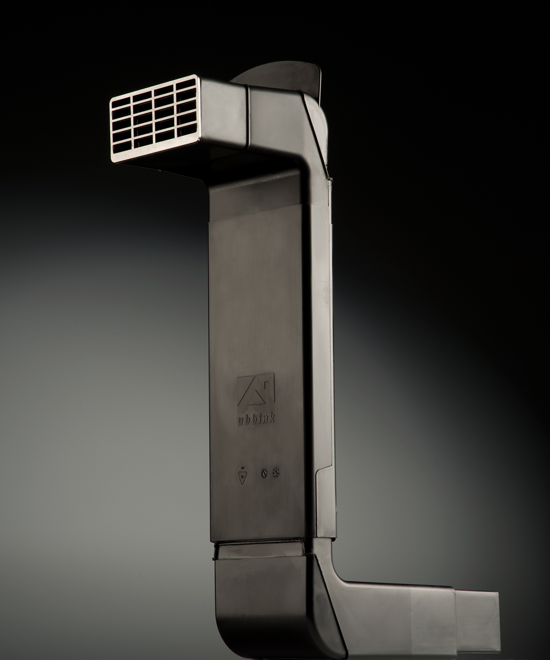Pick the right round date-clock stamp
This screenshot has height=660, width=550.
click(276, 481)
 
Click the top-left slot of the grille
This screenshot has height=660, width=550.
click(121, 103)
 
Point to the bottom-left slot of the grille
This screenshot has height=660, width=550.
click(122, 147)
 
